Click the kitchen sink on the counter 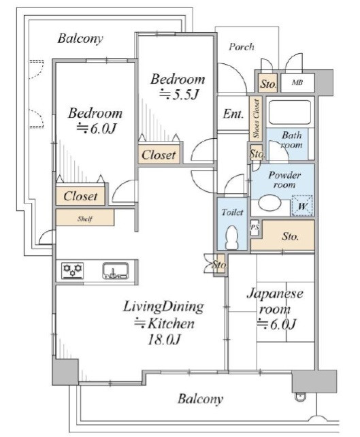[x=116, y=271]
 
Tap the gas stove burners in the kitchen [x=72, y=270]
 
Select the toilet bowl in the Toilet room [x=232, y=237]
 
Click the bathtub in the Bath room [x=290, y=112]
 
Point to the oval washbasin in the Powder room [x=269, y=203]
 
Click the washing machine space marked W [x=302, y=206]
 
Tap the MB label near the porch [x=297, y=83]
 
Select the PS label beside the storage [x=255, y=227]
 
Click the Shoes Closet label [x=256, y=118]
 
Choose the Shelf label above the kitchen [x=85, y=218]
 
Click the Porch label [x=242, y=47]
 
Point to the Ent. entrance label [x=233, y=114]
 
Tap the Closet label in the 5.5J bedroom [x=159, y=155]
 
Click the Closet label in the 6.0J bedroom [x=80, y=196]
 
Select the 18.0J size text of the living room [x=164, y=340]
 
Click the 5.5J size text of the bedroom [x=179, y=95]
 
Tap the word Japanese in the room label [x=275, y=294]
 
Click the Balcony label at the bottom [x=200, y=399]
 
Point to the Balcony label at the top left [x=80, y=39]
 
